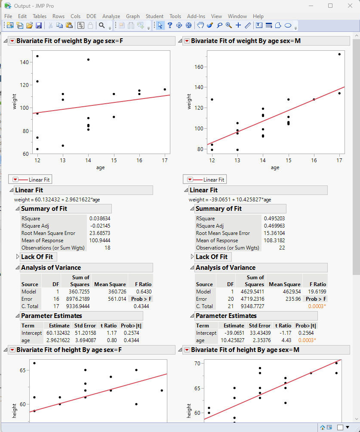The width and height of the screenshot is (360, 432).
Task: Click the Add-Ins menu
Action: pos(196,16)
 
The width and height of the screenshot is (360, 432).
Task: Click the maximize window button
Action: pos(330,6)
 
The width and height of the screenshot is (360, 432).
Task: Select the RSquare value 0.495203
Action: pos(274,218)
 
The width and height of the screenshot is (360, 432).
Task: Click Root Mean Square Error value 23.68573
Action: pos(99,233)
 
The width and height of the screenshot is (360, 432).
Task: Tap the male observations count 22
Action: pos(281,247)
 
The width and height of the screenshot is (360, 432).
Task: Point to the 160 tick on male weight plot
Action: pos(199,67)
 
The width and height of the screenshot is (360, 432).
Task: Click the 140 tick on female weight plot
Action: pos(24,62)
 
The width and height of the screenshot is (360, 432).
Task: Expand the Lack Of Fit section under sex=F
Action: pos(18,257)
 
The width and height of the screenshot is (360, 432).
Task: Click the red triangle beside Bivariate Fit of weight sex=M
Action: pos(187,41)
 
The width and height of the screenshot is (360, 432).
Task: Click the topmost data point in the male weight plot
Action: pos(339,54)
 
